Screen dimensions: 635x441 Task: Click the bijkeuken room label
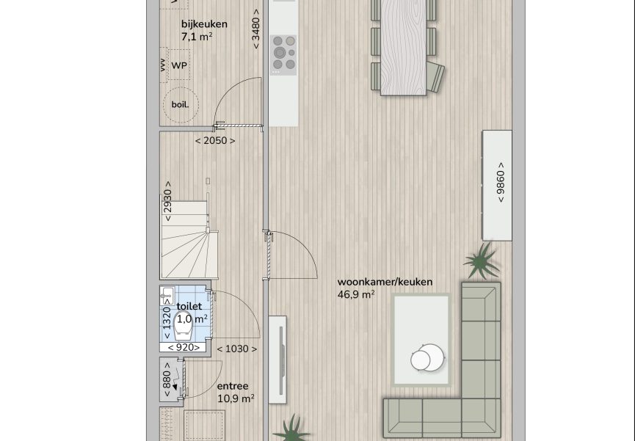pyautogui.click(x=204, y=24)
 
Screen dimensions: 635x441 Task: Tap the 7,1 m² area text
pyautogui.click(x=197, y=37)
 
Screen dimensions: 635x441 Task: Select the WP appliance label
pyautogui.click(x=179, y=65)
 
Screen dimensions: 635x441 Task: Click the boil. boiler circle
pyautogui.click(x=181, y=105)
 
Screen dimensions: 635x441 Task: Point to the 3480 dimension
pyautogui.click(x=255, y=29)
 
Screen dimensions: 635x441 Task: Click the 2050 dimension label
pyautogui.click(x=215, y=141)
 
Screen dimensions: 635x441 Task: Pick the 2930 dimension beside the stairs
pyautogui.click(x=167, y=201)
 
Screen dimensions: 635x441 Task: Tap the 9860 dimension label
pyautogui.click(x=501, y=183)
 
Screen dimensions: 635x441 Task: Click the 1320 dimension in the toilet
pyautogui.click(x=167, y=318)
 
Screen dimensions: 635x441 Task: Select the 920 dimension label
pyautogui.click(x=184, y=348)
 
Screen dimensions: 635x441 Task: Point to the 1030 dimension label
pyautogui.click(x=237, y=349)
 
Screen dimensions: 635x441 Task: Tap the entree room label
pyautogui.click(x=233, y=386)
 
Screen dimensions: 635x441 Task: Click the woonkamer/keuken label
pyautogui.click(x=385, y=282)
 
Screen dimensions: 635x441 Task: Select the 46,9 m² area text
pyautogui.click(x=356, y=294)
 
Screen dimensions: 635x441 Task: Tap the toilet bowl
pyautogui.click(x=183, y=327)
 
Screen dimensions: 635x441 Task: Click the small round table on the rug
pyautogui.click(x=428, y=357)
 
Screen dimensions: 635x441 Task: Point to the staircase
pyautogui.click(x=189, y=240)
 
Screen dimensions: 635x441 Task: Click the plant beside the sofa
pyautogui.click(x=482, y=261)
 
